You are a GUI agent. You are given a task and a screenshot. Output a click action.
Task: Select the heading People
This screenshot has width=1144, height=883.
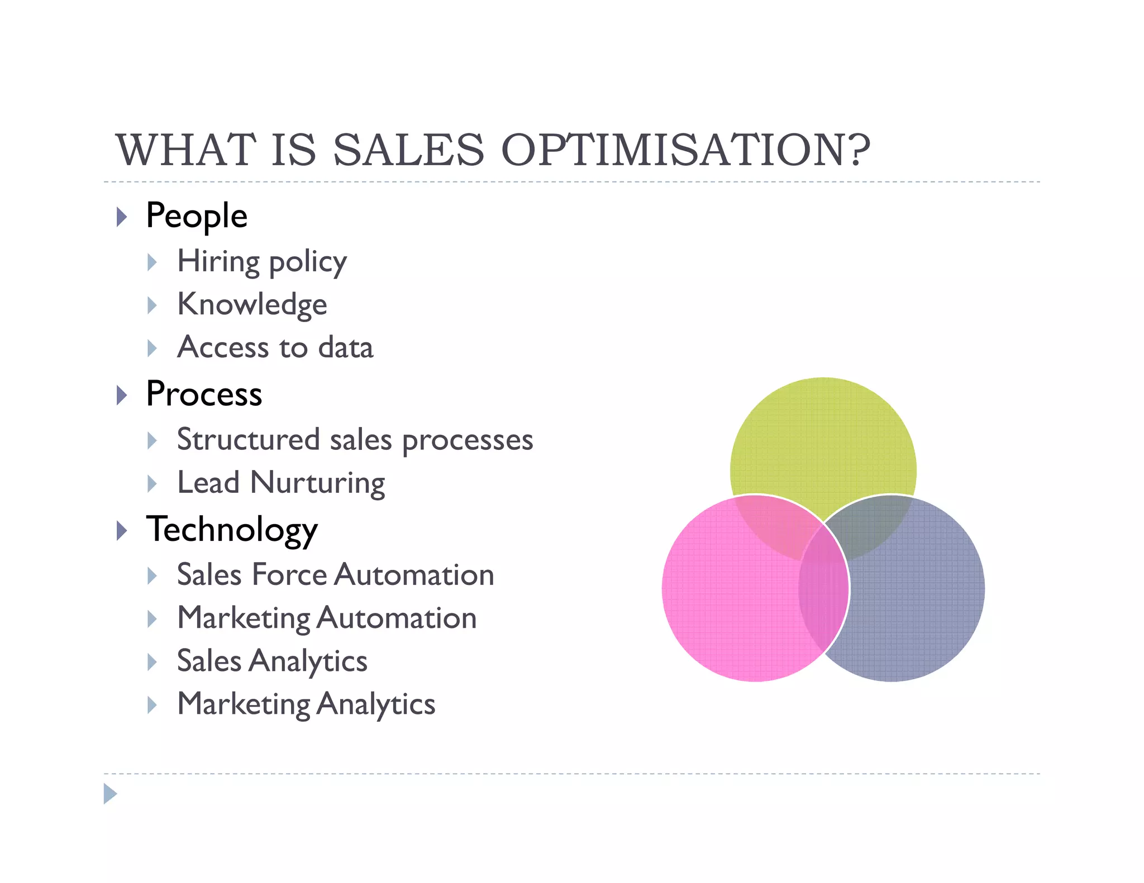click(x=196, y=215)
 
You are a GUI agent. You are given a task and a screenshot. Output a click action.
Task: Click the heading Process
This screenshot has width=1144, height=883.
click(x=204, y=393)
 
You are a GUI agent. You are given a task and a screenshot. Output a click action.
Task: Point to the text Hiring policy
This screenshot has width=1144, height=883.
click(x=261, y=261)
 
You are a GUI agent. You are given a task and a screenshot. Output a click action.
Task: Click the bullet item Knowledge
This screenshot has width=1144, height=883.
click(x=252, y=304)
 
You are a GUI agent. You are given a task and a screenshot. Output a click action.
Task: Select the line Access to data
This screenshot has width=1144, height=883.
click(x=275, y=347)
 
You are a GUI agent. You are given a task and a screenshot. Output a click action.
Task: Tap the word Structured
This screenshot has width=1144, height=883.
click(x=248, y=439)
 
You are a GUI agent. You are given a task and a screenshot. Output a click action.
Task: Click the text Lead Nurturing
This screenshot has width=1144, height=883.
click(x=281, y=483)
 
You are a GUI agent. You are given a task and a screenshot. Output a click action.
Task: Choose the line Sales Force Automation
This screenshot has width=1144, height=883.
click(x=335, y=575)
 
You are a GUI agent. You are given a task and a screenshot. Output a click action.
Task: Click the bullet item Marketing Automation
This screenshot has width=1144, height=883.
click(x=327, y=618)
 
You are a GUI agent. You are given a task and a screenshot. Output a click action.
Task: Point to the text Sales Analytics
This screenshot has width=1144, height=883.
click(x=272, y=661)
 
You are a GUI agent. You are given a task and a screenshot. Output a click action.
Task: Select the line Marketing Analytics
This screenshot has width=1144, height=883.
click(x=306, y=704)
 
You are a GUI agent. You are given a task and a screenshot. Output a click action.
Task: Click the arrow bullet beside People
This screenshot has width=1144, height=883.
click(x=122, y=217)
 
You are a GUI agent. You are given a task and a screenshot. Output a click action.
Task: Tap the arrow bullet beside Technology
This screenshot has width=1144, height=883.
click(x=122, y=530)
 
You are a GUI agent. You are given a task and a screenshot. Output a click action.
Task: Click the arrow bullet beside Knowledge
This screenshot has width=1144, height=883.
click(x=152, y=305)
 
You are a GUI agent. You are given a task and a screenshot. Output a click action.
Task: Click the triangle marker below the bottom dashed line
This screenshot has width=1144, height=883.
click(x=110, y=794)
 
